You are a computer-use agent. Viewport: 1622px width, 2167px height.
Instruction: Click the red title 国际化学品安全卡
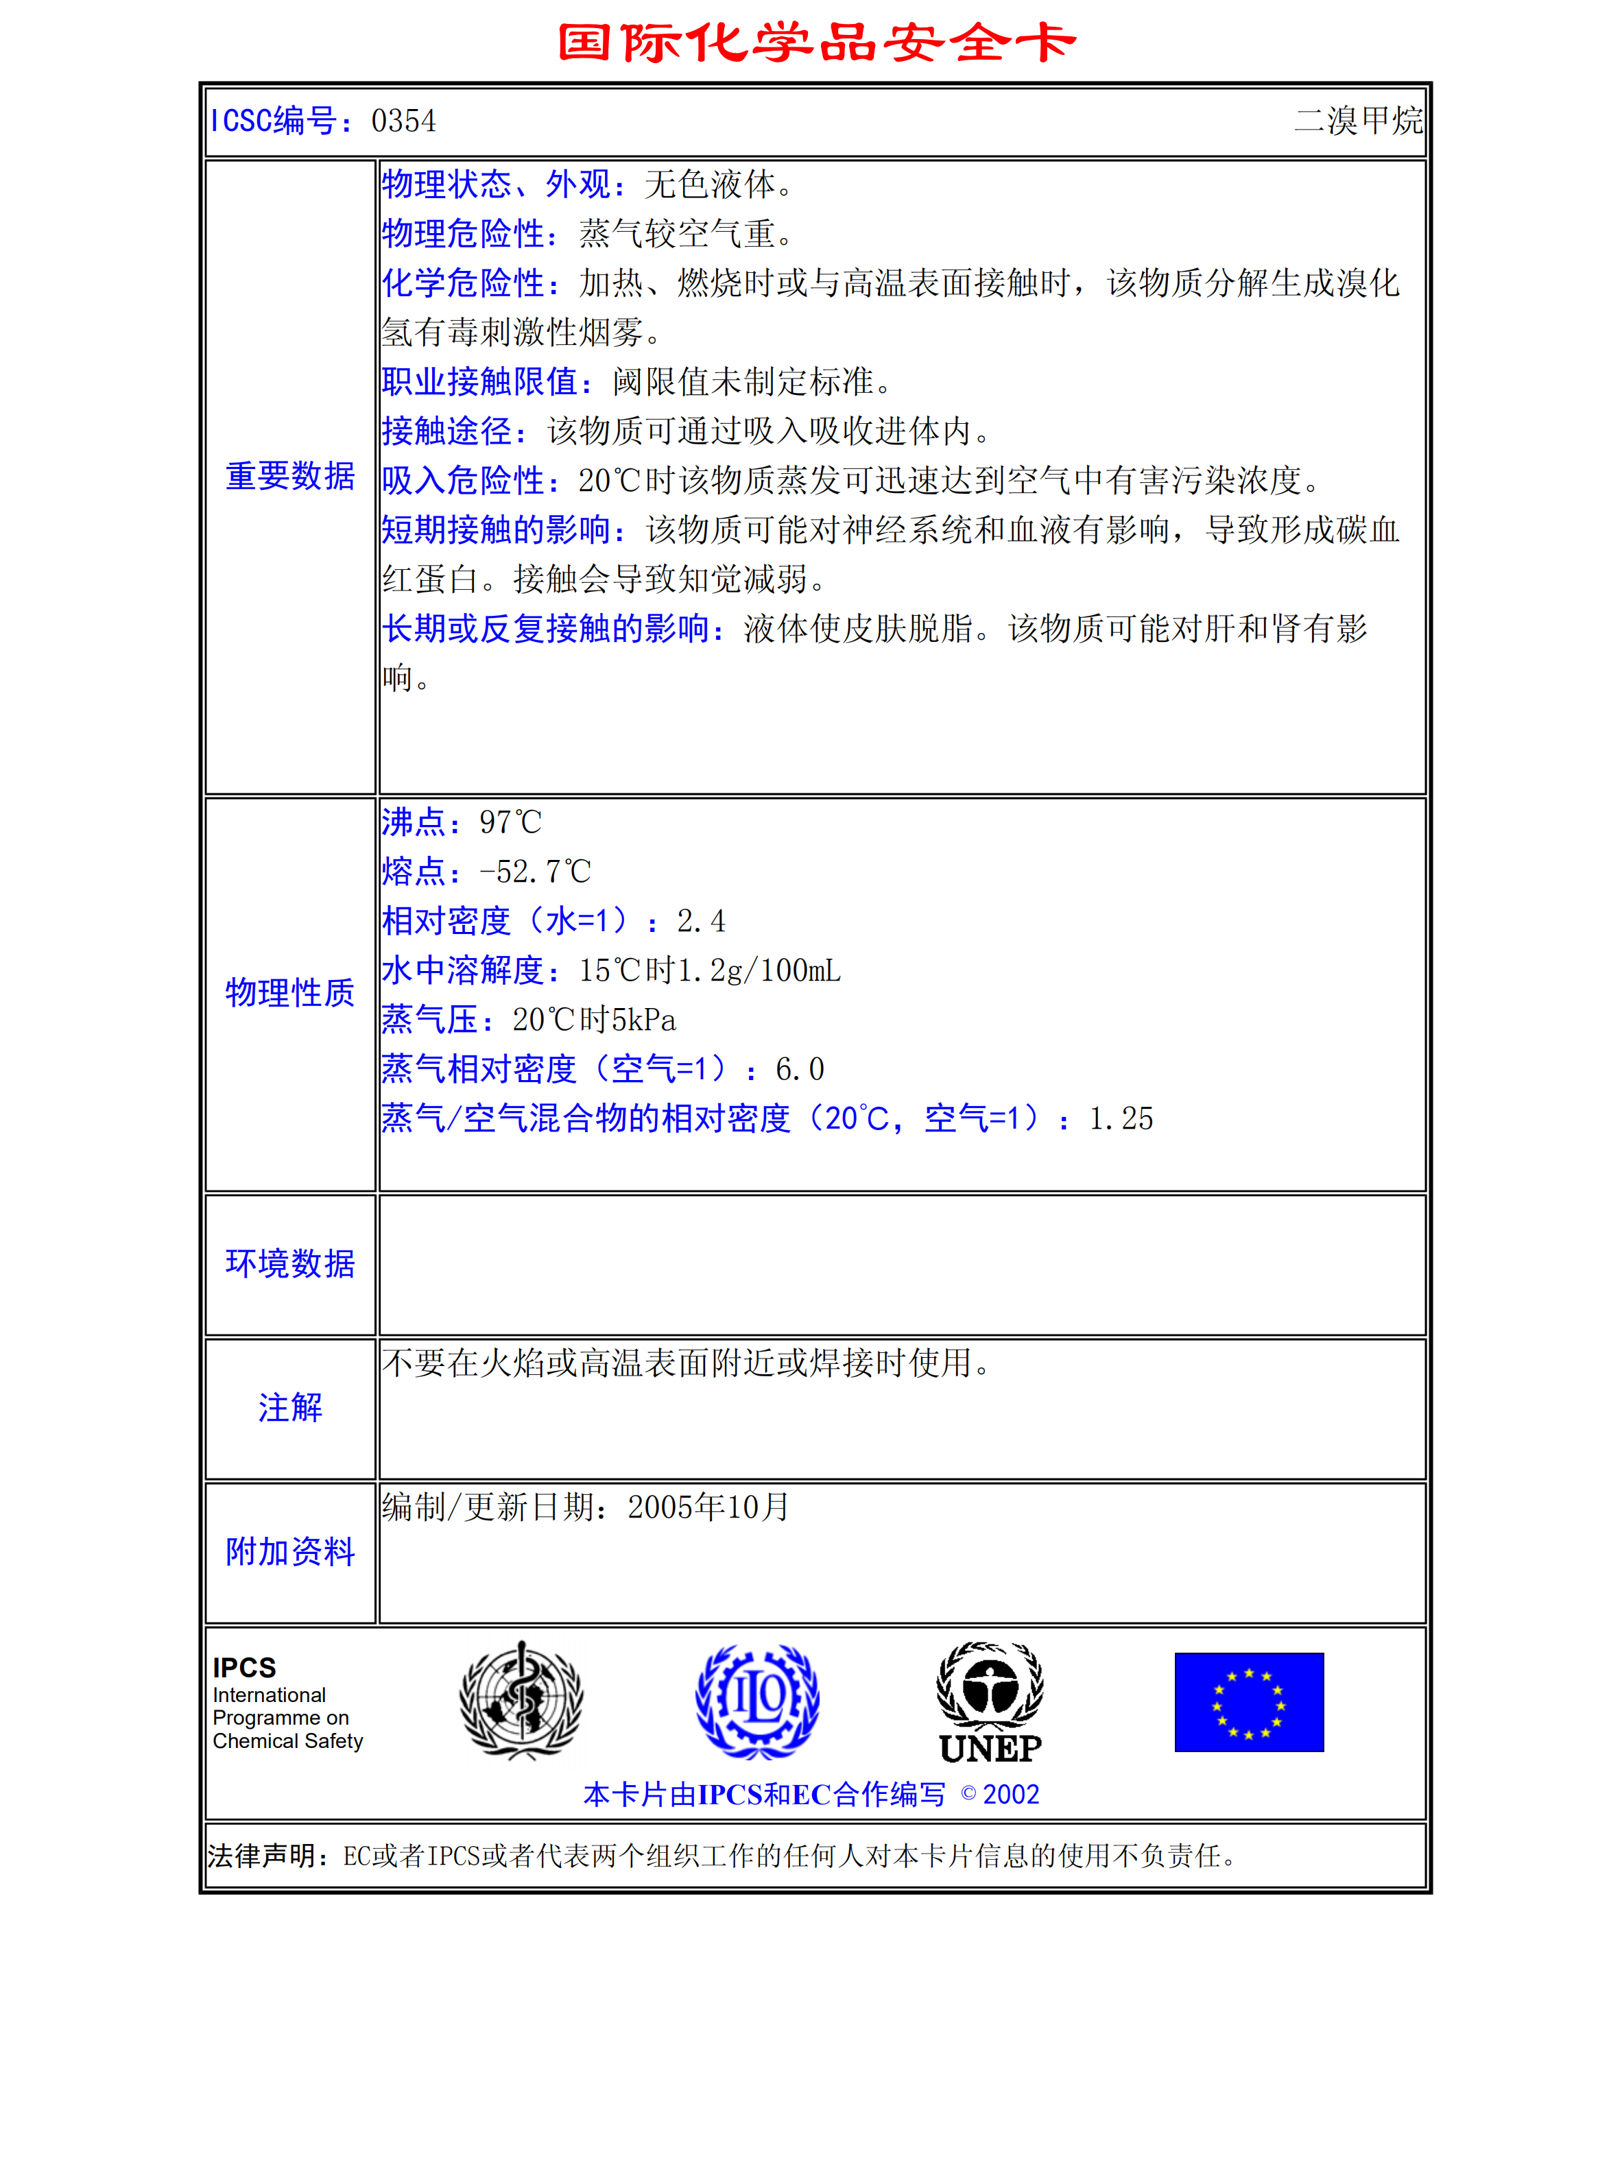[816, 43]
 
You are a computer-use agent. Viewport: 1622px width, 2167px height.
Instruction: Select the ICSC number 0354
[403, 121]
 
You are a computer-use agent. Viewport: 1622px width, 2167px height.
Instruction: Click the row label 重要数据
[290, 476]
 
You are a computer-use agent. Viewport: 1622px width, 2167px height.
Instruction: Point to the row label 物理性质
[290, 992]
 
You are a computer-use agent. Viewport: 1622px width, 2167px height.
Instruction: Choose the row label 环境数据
[290, 1264]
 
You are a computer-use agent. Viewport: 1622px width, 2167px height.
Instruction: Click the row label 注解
[290, 1408]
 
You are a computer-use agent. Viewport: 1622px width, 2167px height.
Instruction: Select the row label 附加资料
[290, 1552]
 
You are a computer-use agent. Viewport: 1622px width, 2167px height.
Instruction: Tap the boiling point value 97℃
[510, 823]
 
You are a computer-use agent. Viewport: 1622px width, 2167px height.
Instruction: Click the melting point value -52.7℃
[535, 872]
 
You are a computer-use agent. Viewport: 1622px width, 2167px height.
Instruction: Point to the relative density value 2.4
[702, 921]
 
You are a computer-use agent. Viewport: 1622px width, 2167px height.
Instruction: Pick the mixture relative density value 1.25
[1121, 1118]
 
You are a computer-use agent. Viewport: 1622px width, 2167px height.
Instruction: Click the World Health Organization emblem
[522, 1701]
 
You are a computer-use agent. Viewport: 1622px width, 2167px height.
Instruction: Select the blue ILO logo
[757, 1701]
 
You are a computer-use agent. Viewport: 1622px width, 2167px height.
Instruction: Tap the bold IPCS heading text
[245, 1667]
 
